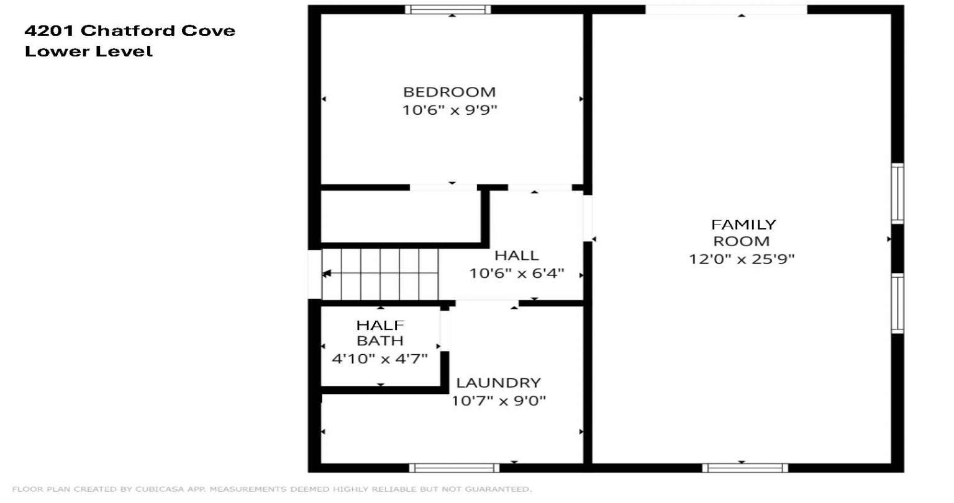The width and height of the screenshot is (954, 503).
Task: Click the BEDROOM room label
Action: [449, 92]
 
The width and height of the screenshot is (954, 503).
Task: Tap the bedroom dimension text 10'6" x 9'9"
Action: [450, 110]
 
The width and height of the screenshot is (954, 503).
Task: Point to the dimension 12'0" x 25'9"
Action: [742, 259]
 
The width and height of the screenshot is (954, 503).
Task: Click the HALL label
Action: [517, 255]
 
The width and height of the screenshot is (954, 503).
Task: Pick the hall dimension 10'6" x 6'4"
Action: [517, 273]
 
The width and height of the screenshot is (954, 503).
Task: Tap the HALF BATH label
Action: [380, 333]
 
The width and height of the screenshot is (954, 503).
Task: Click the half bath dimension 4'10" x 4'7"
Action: [379, 359]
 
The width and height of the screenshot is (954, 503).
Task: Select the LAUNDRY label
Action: [498, 383]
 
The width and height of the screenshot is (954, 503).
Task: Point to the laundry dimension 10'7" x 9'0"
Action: [498, 401]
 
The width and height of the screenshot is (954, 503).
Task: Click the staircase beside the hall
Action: [379, 274]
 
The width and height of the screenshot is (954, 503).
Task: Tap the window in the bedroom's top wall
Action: [448, 9]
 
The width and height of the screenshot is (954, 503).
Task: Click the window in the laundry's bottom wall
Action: [454, 468]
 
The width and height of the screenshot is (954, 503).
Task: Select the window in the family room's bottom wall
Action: [745, 468]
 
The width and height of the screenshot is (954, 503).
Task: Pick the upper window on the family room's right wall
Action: [897, 194]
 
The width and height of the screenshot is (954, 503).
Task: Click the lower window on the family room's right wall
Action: [897, 303]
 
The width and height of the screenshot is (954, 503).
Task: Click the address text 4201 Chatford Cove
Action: [130, 30]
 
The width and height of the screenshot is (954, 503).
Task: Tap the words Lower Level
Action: [89, 51]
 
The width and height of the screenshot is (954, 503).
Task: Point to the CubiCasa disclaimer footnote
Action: [271, 489]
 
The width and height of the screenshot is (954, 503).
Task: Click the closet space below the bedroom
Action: [401, 217]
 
